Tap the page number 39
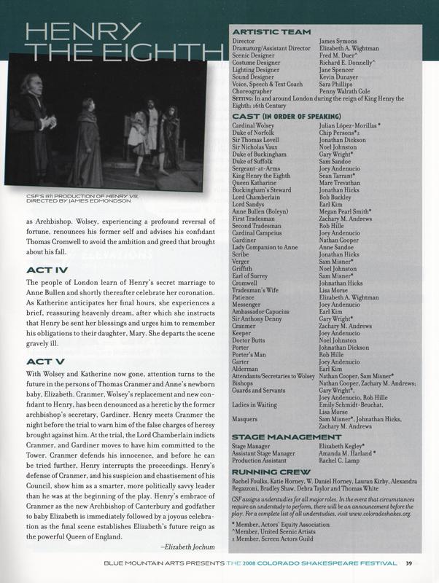click(x=410, y=561)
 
